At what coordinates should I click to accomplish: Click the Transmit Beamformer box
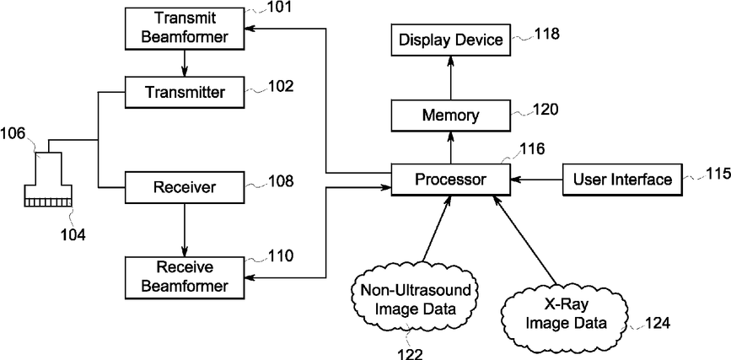coord(185,28)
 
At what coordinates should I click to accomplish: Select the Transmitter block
coord(185,93)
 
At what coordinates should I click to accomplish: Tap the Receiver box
coord(185,187)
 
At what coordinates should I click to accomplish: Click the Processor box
coord(450,179)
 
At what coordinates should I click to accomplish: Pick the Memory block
coord(450,116)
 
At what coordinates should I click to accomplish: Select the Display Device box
coord(450,40)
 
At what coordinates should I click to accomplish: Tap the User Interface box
coord(622,179)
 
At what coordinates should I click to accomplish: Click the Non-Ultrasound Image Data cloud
coord(416,298)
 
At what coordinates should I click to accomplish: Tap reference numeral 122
coord(411,353)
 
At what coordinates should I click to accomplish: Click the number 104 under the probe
coord(73,235)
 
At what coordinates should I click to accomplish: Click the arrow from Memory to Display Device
coord(451,78)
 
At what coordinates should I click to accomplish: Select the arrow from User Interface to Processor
coord(536,179)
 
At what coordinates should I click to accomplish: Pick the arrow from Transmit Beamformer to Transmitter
coord(185,63)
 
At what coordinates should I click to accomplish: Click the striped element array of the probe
coord(49,201)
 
